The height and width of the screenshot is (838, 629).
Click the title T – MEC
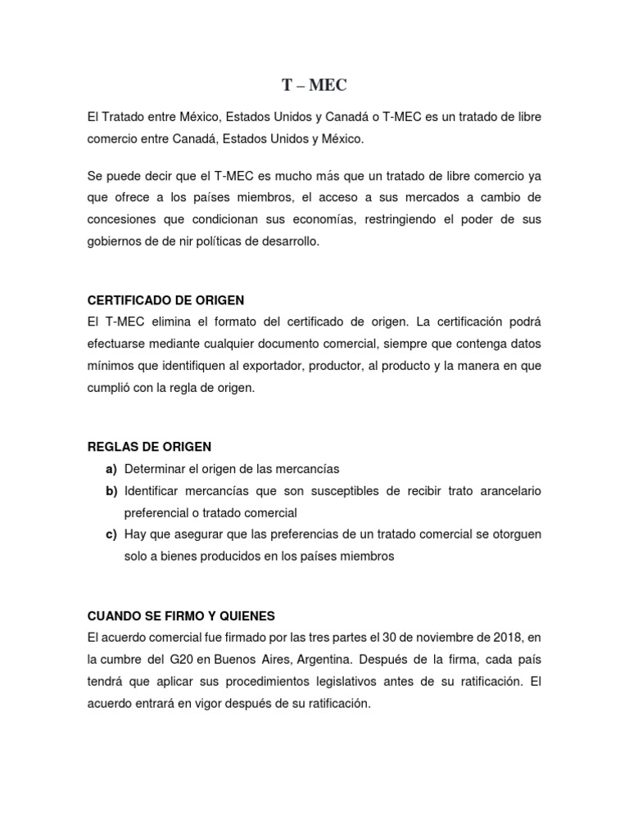314,84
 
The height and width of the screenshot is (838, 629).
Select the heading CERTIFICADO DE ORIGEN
166,300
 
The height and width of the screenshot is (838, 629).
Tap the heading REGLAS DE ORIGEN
149,447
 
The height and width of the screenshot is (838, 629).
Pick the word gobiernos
116,242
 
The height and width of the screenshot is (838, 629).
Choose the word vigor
184,703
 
